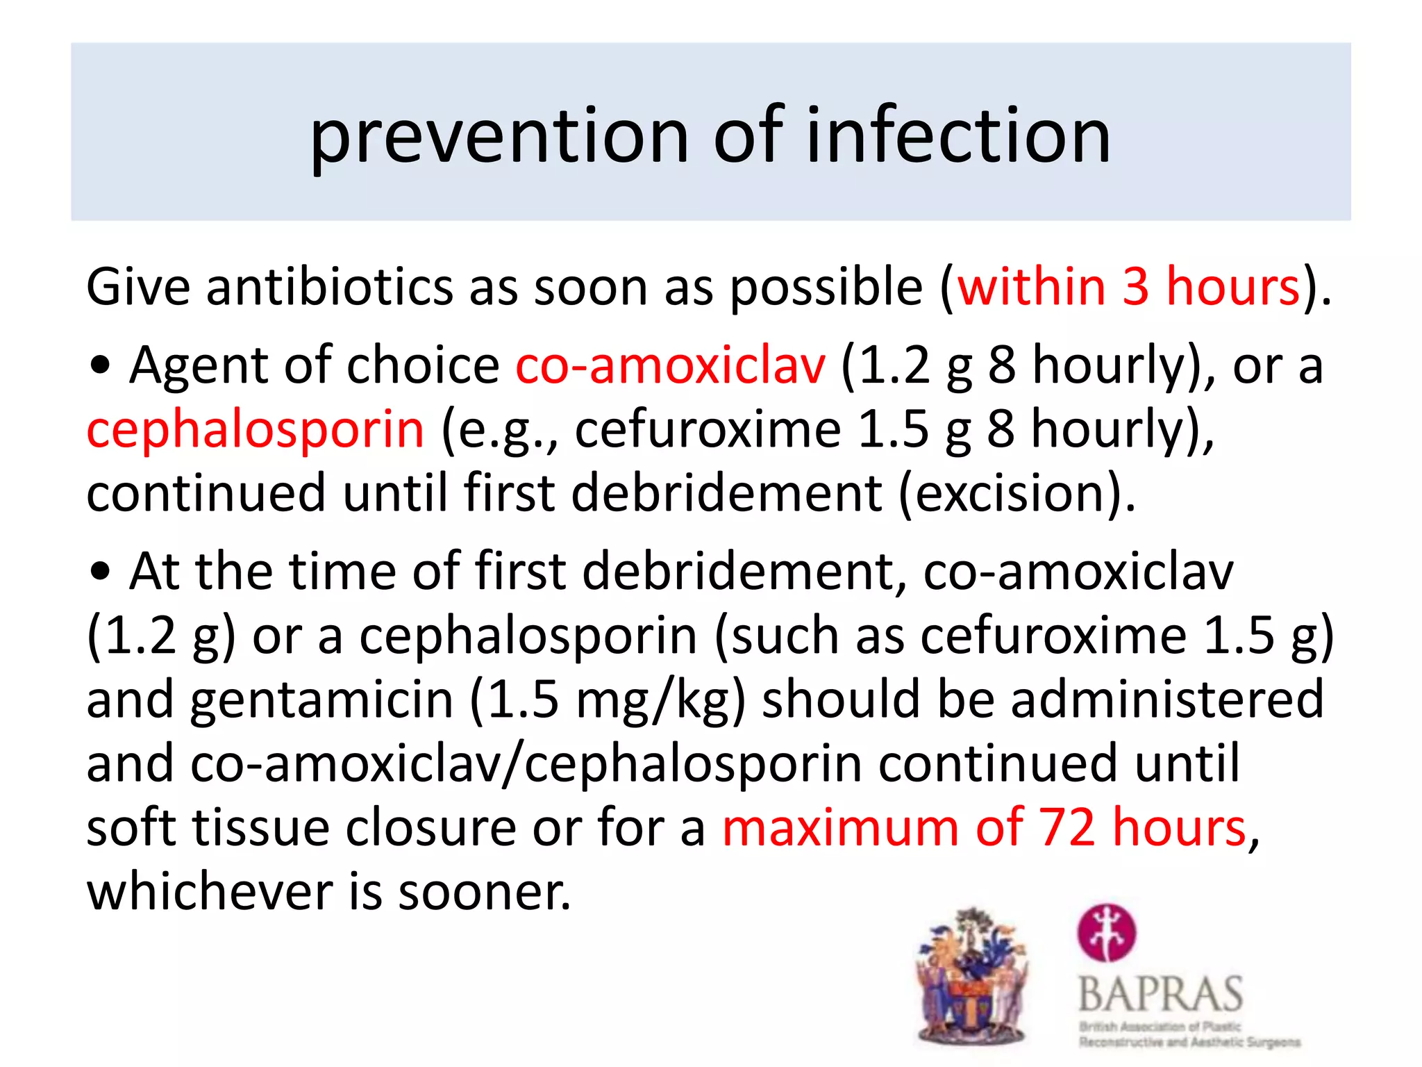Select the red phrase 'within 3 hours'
1128,286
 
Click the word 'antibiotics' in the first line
329,286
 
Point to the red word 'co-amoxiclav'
671,365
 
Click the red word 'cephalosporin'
255,429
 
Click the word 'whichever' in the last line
209,891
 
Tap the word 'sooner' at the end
483,891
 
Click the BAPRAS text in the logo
1160,994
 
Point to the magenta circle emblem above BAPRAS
1107,932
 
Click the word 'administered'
1167,700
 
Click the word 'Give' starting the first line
137,286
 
